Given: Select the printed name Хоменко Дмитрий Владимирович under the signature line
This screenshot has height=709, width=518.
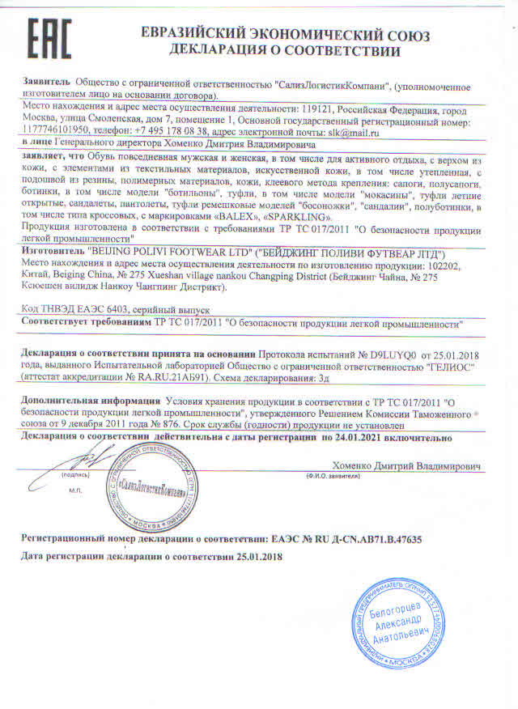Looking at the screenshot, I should pos(406,467).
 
